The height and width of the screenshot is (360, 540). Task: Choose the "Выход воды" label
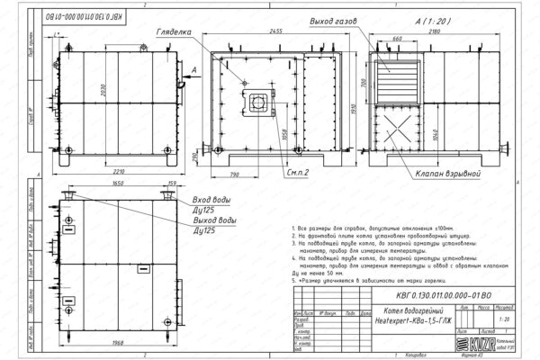click(x=217, y=219)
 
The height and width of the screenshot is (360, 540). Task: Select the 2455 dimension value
click(x=287, y=31)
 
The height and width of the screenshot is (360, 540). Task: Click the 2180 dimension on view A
click(x=436, y=31)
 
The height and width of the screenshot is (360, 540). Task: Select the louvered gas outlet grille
click(x=398, y=82)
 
